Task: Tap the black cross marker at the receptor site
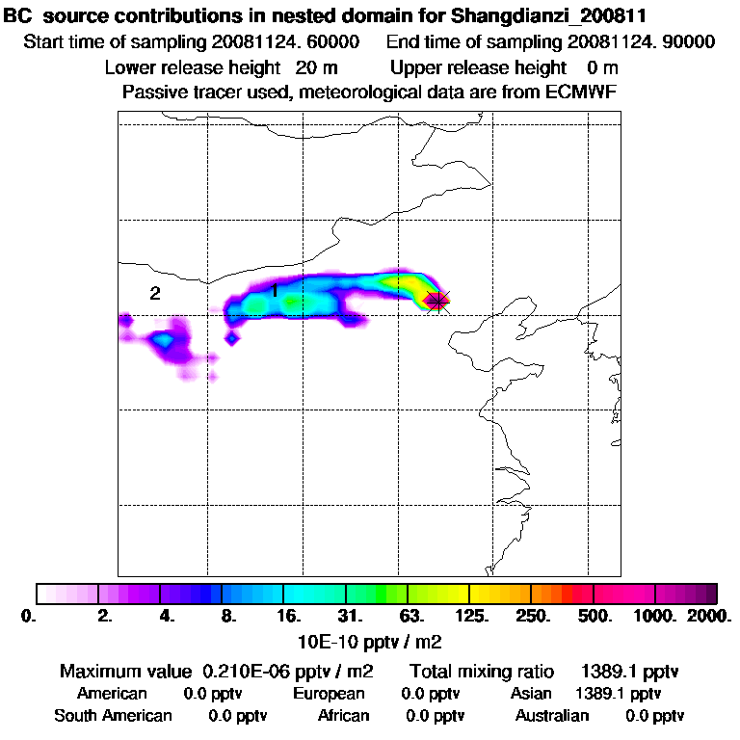437,302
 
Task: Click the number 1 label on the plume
275,290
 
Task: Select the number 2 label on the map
154,294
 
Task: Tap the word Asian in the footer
531,694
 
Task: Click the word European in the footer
329,694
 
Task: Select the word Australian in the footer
552,716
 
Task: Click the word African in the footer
343,716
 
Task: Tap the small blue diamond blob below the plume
231,337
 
